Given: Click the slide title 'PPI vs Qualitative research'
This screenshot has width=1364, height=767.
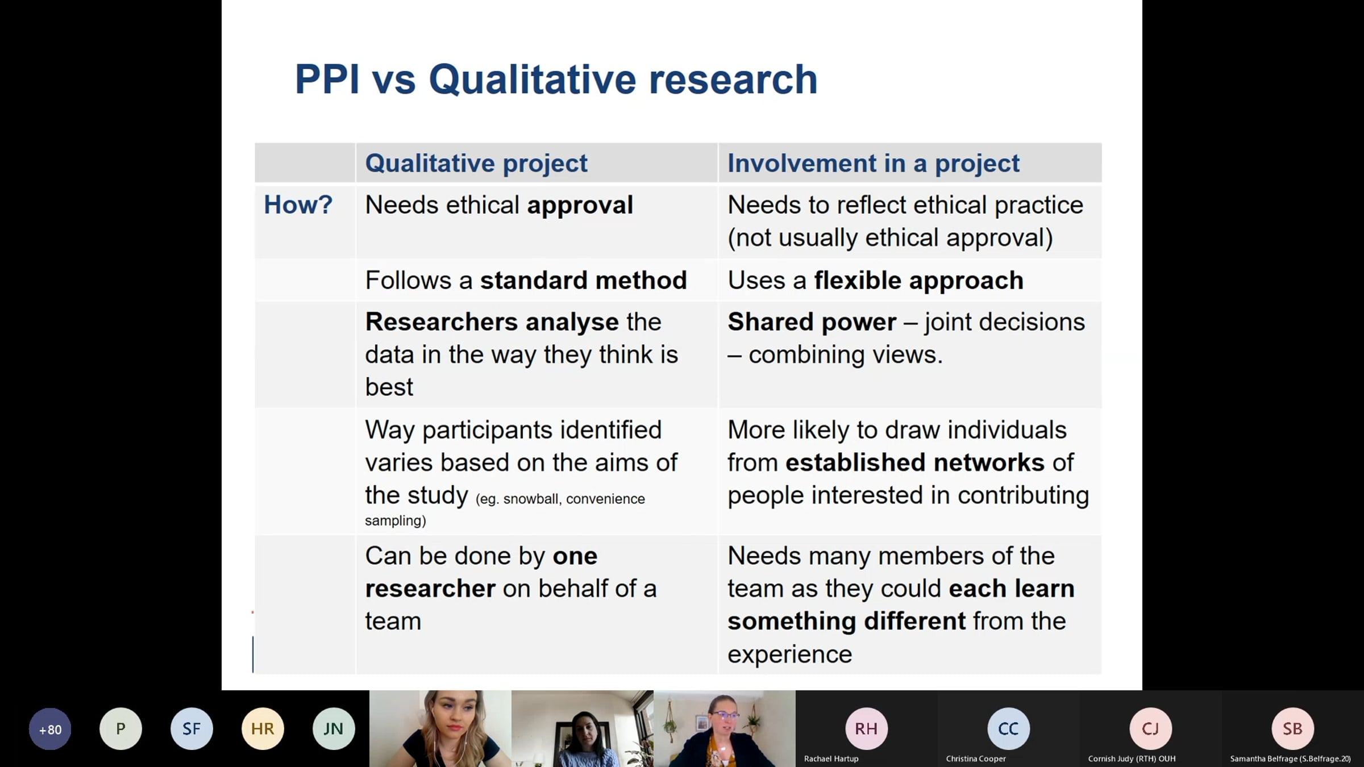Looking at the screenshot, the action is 556,80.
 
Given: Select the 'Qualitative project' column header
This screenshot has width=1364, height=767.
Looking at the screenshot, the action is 476,164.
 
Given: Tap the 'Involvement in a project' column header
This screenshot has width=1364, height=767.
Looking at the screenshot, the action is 874,164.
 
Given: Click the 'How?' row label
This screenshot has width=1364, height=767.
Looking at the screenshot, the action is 298,205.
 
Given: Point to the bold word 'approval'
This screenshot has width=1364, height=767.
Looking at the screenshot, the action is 580,206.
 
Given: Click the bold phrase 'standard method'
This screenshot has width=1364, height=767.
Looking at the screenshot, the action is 584,281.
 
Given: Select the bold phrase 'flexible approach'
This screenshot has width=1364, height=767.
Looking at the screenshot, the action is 918,281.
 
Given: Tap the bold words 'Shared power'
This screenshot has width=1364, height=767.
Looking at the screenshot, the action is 812,323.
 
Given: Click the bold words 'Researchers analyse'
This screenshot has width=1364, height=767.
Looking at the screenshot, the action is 492,323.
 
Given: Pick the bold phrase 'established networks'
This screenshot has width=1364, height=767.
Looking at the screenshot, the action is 915,462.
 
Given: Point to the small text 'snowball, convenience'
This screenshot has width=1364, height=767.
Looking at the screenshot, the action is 574,499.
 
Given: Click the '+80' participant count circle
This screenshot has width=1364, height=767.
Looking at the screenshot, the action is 50,729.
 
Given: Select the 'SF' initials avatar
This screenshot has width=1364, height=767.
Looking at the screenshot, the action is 192,729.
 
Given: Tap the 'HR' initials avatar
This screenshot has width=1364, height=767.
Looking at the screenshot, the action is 263,729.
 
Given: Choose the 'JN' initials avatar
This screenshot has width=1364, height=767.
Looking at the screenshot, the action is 334,729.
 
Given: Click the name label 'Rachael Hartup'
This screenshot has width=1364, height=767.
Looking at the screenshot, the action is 831,759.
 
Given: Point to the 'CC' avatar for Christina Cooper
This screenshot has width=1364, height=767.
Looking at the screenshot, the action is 1008,729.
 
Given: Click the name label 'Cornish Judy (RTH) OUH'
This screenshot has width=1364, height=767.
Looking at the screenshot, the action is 1132,759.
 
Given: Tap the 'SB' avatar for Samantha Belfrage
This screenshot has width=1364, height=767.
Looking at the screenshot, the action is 1292,729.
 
